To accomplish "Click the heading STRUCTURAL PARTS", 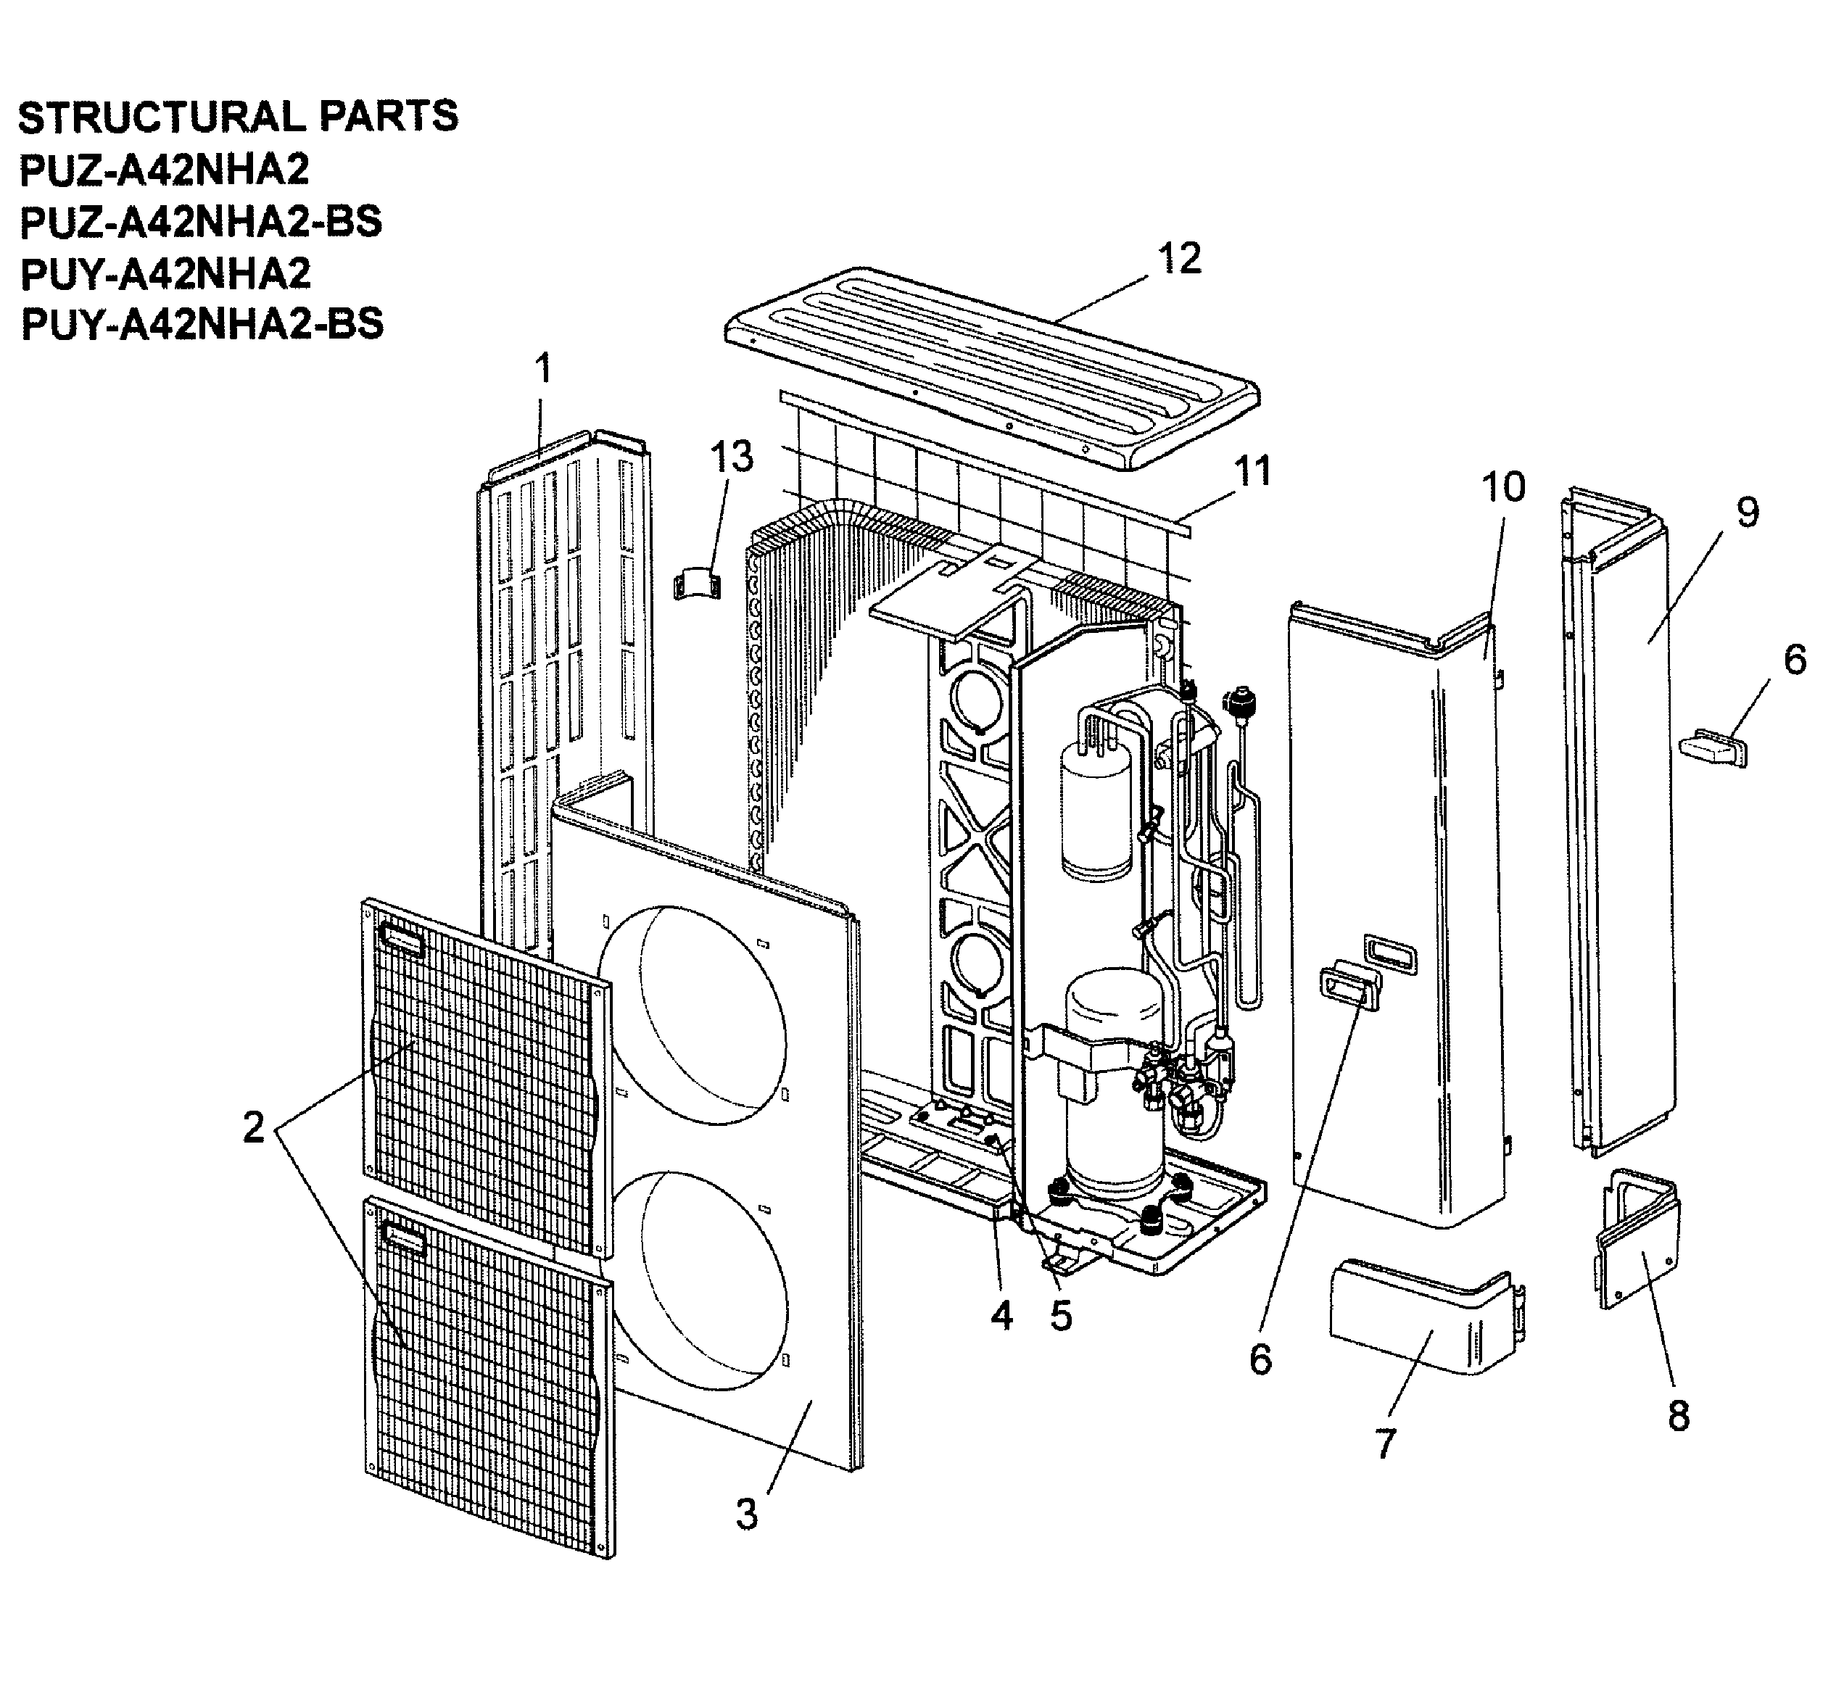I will (238, 117).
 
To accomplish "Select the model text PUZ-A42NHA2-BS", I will (200, 222).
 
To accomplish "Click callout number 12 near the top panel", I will (1179, 260).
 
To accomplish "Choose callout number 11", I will (1252, 471).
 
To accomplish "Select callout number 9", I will (1748, 512).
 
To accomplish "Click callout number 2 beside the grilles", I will (254, 1127).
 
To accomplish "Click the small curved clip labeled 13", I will (698, 581).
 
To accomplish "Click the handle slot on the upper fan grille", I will (402, 941).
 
